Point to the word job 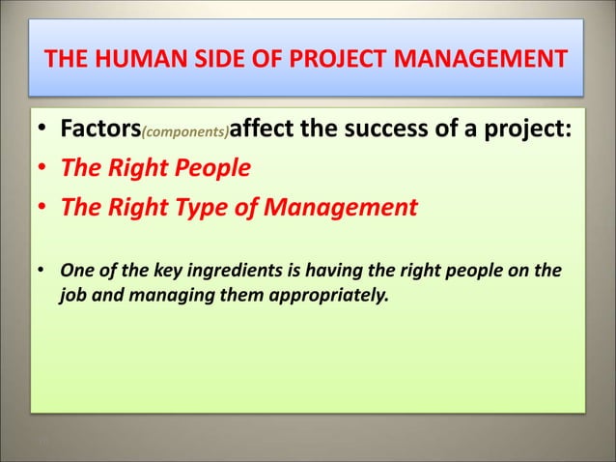[74, 291]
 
